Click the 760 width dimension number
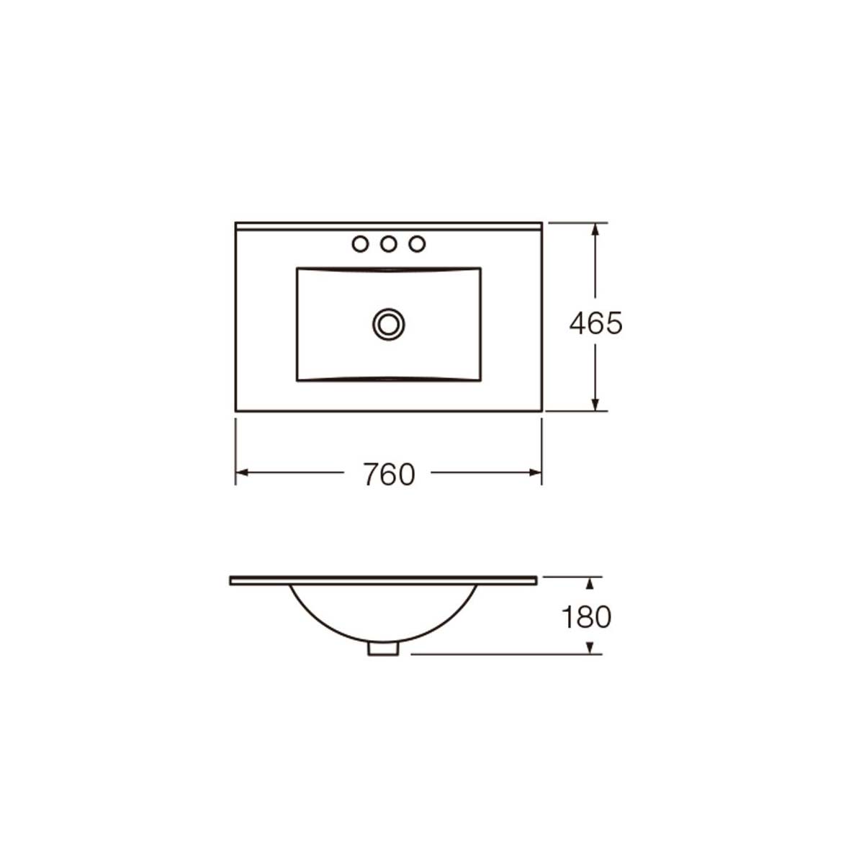pos(390,474)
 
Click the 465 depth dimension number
pos(596,323)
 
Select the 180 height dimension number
pos(587,616)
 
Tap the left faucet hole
pos(361,244)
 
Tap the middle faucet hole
pos(389,244)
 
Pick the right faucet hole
pos(417,244)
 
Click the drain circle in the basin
pos(389,324)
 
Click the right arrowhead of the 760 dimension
pos(536,472)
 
